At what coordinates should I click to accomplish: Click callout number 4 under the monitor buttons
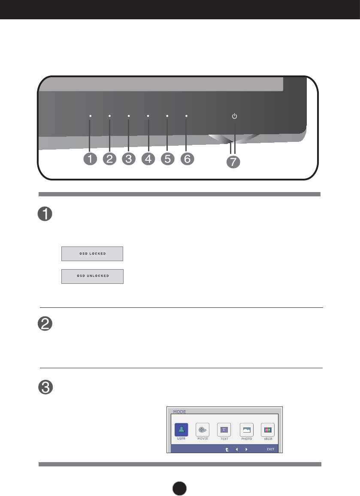pyautogui.click(x=148, y=159)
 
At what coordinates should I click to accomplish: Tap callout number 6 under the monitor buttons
pyautogui.click(x=187, y=159)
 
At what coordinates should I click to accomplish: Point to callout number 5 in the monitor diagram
pyautogui.click(x=167, y=159)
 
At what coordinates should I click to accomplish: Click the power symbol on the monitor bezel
pyautogui.click(x=234, y=116)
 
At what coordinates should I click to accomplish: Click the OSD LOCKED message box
pyautogui.click(x=92, y=254)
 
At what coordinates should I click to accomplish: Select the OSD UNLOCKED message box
pyautogui.click(x=92, y=277)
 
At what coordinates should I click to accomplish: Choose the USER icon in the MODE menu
pyautogui.click(x=181, y=430)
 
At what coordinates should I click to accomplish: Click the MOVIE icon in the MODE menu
pyautogui.click(x=202, y=430)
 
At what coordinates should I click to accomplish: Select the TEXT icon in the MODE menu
pyautogui.click(x=224, y=430)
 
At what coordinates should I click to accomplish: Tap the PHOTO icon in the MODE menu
pyautogui.click(x=246, y=430)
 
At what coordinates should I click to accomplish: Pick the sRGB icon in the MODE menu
pyautogui.click(x=268, y=430)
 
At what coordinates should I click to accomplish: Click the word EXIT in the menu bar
pyautogui.click(x=270, y=450)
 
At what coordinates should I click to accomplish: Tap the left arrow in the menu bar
pyautogui.click(x=236, y=450)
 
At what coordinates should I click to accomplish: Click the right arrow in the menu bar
pyautogui.click(x=246, y=450)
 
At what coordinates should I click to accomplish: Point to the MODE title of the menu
pyautogui.click(x=179, y=411)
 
